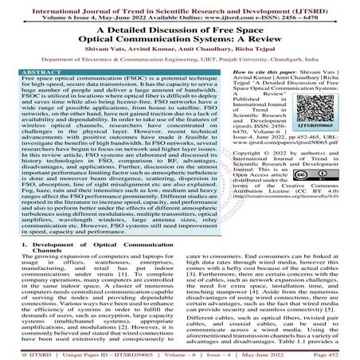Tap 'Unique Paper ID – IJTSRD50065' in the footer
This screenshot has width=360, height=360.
96,348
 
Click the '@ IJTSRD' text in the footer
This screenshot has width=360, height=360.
21,348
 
